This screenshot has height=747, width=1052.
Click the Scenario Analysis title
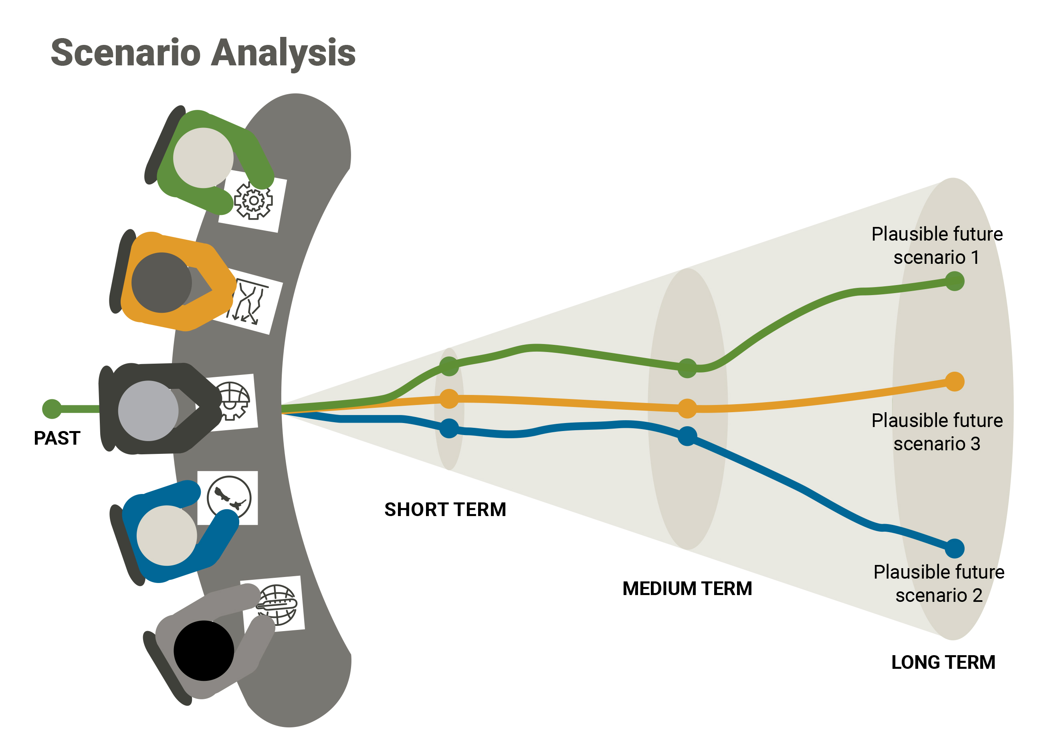pyautogui.click(x=203, y=53)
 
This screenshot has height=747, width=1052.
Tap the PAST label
pyautogui.click(x=57, y=438)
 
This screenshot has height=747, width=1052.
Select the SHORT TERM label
pyautogui.click(x=445, y=510)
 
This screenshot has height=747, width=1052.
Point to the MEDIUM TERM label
pyautogui.click(x=687, y=589)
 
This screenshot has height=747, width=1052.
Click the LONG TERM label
pyautogui.click(x=943, y=662)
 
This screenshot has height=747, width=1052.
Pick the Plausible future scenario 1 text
pyautogui.click(x=937, y=246)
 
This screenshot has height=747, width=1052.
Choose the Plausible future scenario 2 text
pyautogui.click(x=939, y=584)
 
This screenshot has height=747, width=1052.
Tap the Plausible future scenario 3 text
pyautogui.click(x=937, y=432)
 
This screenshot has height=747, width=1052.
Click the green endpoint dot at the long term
pyautogui.click(x=955, y=281)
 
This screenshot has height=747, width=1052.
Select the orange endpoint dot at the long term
pyautogui.click(x=955, y=382)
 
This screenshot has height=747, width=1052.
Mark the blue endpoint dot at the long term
pyautogui.click(x=955, y=548)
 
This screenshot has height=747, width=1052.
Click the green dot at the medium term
pyautogui.click(x=687, y=368)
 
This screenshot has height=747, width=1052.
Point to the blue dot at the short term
pyautogui.click(x=449, y=429)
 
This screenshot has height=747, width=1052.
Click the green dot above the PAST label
pyautogui.click(x=52, y=409)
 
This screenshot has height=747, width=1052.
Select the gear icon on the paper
pyautogui.click(x=253, y=200)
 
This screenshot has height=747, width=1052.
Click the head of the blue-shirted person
pyautogui.click(x=166, y=535)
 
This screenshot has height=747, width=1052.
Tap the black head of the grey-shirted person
pyautogui.click(x=204, y=650)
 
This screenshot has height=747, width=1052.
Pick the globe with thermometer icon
pyautogui.click(x=277, y=605)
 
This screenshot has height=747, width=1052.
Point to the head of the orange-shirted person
pyautogui.click(x=162, y=282)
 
